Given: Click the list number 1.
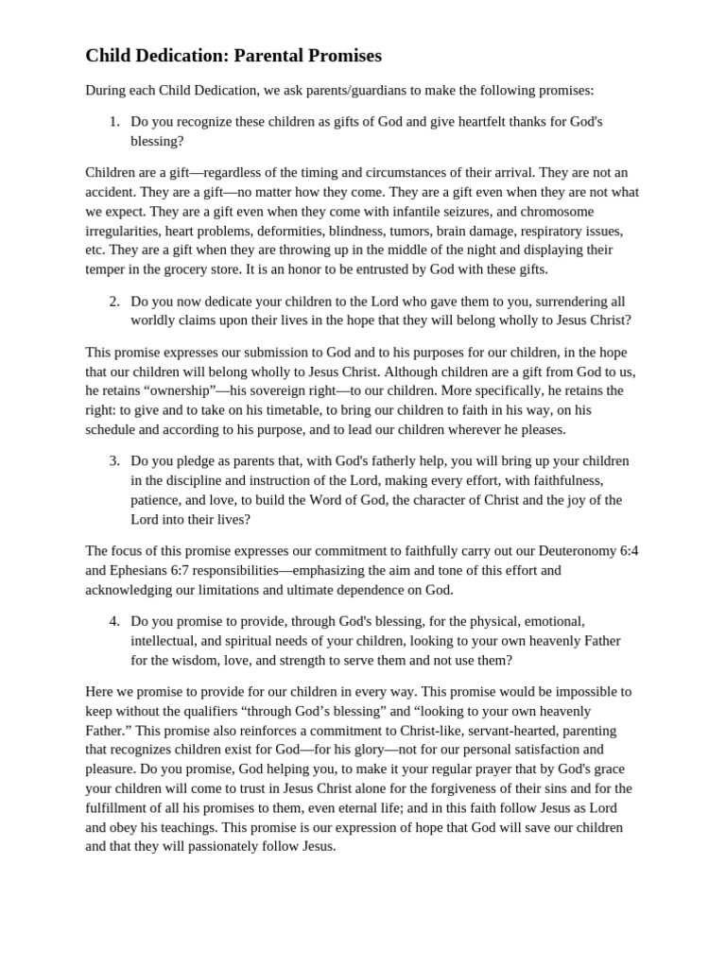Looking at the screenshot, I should point(113,121).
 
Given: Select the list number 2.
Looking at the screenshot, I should point(113,301).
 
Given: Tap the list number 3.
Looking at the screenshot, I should point(113,460).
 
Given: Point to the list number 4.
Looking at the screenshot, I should point(113,621).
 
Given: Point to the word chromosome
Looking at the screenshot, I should point(559,211).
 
